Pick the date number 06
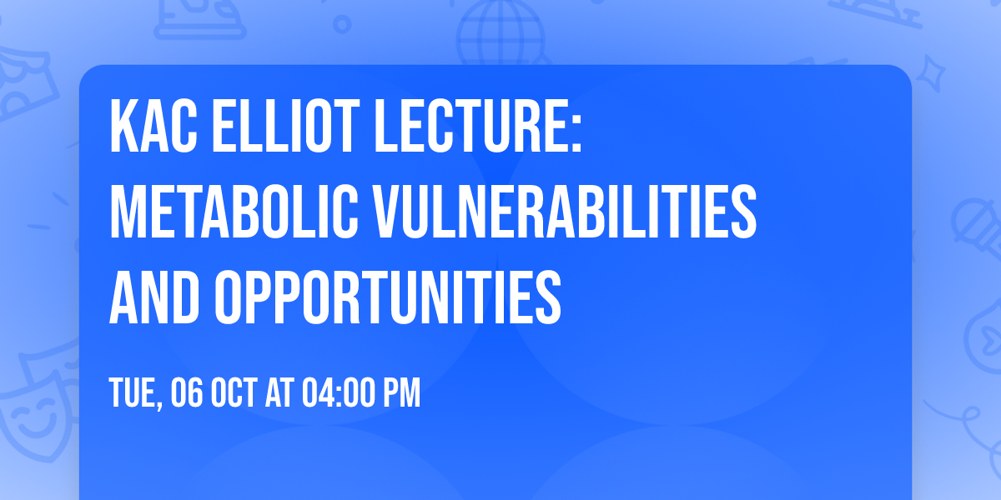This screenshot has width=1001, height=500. point(187,393)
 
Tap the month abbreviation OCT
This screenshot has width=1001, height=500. point(234,393)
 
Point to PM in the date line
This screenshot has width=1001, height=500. point(400,393)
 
